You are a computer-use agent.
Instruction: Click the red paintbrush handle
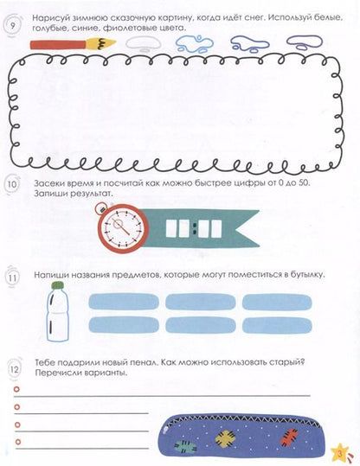click(59, 45)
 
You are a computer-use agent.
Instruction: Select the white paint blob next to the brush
click(143, 44)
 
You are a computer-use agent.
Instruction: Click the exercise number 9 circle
click(12, 26)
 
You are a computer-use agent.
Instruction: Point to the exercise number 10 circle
click(12, 184)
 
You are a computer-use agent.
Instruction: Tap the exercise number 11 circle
click(12, 278)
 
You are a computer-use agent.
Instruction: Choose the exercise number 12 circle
click(14, 370)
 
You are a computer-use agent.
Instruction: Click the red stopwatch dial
click(123, 228)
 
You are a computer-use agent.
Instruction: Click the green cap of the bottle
click(58, 285)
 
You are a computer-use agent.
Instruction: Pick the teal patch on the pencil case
click(185, 446)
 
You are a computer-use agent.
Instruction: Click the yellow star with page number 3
click(340, 453)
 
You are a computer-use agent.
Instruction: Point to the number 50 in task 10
click(303, 182)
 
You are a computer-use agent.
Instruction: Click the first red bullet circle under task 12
click(16, 389)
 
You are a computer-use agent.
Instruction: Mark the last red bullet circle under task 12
click(18, 442)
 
